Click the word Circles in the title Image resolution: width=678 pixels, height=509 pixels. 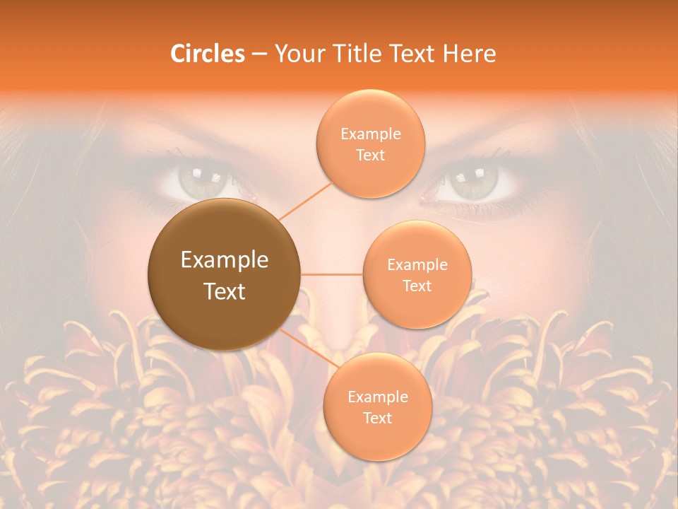(207, 54)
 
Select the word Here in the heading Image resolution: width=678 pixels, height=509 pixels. (469, 54)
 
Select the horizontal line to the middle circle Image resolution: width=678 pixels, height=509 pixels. (332, 274)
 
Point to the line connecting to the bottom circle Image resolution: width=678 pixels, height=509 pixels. (305, 347)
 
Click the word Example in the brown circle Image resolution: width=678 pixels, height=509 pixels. (225, 260)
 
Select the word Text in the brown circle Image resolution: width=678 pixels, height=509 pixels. (225, 291)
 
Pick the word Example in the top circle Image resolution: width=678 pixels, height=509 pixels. (370, 134)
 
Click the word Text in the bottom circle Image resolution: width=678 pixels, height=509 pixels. (377, 419)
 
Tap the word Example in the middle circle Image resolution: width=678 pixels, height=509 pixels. (417, 265)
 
